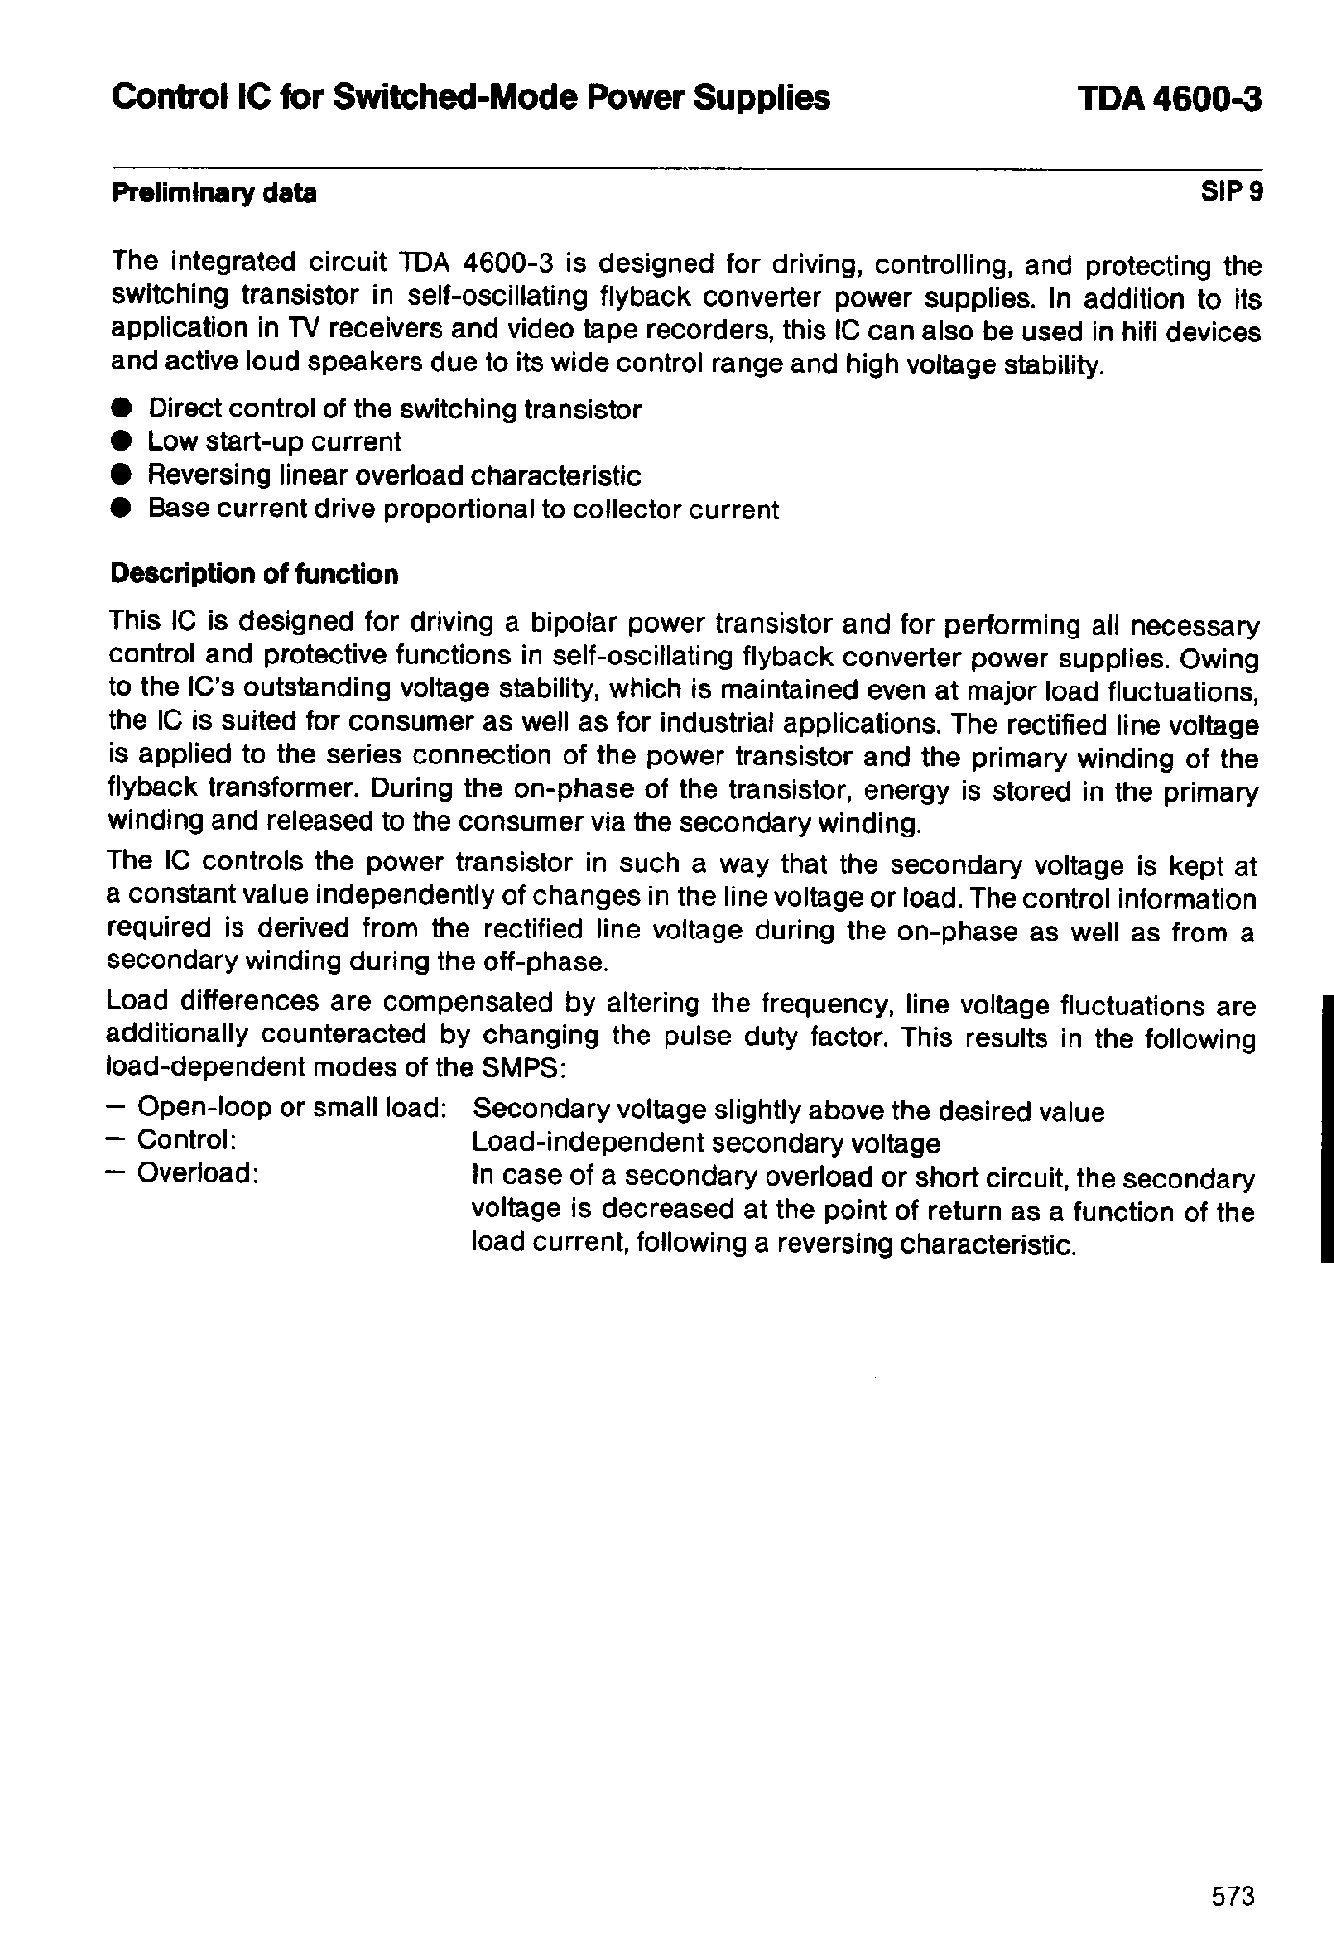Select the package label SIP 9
(x=1231, y=192)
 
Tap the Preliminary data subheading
(x=214, y=193)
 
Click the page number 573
(x=1232, y=1895)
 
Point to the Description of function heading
(x=254, y=574)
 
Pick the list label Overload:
(x=198, y=1174)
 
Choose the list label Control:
(x=188, y=1140)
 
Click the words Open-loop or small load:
(x=291, y=1108)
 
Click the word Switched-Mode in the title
(x=438, y=98)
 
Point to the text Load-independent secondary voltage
(x=706, y=1143)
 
